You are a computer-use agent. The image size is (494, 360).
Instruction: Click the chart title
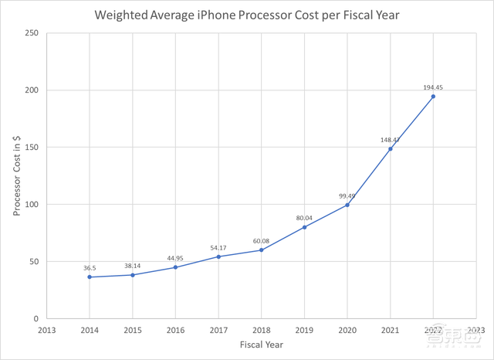247,15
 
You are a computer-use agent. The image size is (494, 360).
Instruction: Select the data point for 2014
90,277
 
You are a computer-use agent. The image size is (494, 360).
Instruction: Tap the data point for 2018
262,250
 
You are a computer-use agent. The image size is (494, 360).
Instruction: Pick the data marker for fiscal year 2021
391,148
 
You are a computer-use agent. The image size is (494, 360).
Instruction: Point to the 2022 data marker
433,97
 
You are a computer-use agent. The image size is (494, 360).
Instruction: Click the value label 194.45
433,87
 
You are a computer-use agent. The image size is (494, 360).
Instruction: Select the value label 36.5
90,267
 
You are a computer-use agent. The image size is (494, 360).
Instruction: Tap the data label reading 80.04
304,218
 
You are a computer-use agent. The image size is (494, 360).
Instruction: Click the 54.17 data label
218,247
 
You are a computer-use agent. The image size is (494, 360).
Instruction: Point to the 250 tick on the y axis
31,32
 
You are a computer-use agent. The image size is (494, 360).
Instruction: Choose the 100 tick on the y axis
31,205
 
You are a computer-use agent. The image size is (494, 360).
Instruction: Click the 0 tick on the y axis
36,318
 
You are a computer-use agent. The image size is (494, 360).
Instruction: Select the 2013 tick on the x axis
47,329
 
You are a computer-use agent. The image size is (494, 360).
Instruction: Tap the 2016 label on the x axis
176,329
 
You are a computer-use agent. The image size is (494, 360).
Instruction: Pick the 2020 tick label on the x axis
347,329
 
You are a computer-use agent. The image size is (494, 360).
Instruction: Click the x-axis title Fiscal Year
262,345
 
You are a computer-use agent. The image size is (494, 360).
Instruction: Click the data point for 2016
176,267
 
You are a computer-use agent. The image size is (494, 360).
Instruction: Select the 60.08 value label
262,240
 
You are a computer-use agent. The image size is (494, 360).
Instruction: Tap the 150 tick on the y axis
31,147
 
